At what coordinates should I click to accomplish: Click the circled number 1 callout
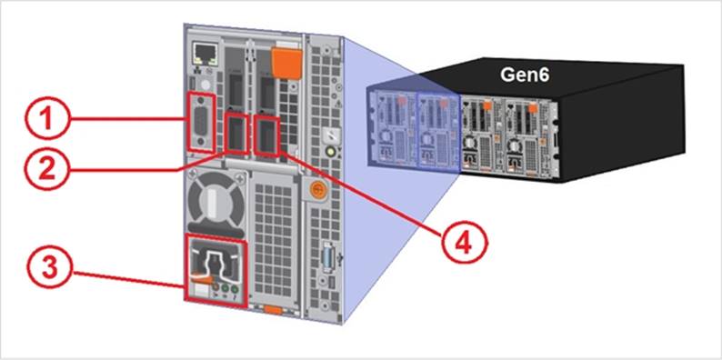pyautogui.click(x=47, y=118)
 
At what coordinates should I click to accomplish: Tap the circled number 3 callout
pyautogui.click(x=49, y=268)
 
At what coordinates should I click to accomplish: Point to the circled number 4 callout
pyautogui.click(x=464, y=245)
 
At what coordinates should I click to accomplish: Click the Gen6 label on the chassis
pyautogui.click(x=525, y=75)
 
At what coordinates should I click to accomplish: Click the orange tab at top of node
pyautogui.click(x=286, y=63)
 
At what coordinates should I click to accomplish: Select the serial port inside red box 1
pyautogui.click(x=201, y=124)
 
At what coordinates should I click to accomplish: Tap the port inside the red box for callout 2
pyautogui.click(x=236, y=134)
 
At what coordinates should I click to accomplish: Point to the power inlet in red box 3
pyautogui.click(x=215, y=265)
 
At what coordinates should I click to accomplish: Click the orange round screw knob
pyautogui.click(x=316, y=189)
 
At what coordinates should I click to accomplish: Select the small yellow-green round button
pyautogui.click(x=330, y=152)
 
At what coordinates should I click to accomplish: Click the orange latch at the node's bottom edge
pyautogui.click(x=274, y=310)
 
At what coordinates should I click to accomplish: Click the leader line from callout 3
pyautogui.click(x=129, y=280)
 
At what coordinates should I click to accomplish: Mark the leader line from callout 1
pyautogui.click(x=128, y=119)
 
